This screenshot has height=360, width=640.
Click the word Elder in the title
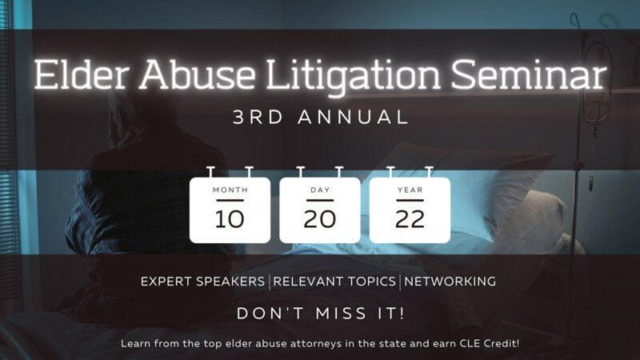coord(82,74)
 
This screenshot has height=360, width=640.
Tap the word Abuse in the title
coord(198,74)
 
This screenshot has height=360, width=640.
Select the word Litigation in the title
coord(353,78)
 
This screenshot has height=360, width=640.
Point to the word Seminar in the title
coord(529,74)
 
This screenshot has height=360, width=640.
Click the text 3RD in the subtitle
coord(258,117)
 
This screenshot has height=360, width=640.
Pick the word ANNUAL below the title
coord(353,117)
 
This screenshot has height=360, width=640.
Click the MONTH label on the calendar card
coord(230,190)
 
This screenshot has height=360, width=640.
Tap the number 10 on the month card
coord(230,219)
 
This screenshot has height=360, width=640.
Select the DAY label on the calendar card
coord(320,190)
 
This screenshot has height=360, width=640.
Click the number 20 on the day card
coord(319,219)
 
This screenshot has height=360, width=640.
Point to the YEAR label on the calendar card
coord(410,190)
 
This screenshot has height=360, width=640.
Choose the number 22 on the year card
coord(410,219)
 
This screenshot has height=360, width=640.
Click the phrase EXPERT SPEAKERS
coord(203,282)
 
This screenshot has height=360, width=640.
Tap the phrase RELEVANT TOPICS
coord(334,282)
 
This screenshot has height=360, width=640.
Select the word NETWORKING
coord(450,282)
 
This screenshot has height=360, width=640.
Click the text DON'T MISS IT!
coord(321,313)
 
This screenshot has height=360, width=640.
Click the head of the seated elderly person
coord(134,114)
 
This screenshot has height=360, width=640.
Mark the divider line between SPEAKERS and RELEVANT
coord(270,282)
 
